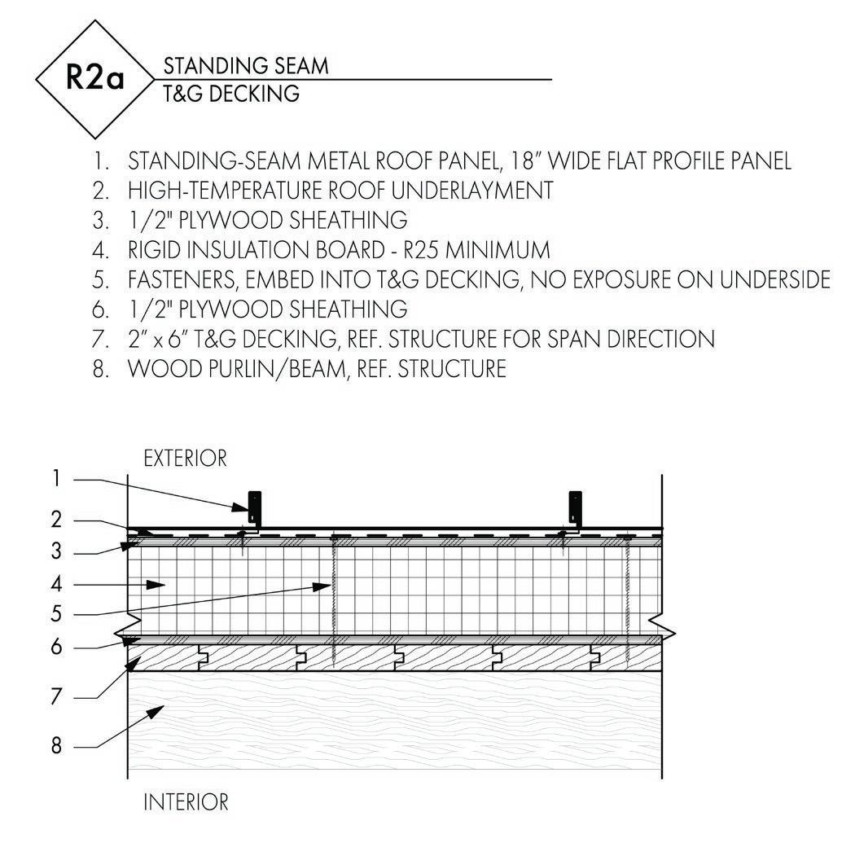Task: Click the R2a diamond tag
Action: point(94,80)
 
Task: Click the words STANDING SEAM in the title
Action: point(246,66)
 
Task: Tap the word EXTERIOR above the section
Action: point(185,459)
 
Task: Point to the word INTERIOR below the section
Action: point(186,802)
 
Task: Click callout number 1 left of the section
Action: point(56,478)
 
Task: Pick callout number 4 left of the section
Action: point(56,584)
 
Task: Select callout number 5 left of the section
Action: point(56,614)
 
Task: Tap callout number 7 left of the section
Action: point(56,697)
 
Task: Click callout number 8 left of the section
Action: point(56,745)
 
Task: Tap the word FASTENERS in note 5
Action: point(181,279)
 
